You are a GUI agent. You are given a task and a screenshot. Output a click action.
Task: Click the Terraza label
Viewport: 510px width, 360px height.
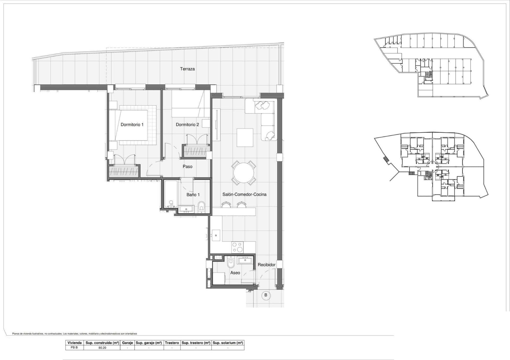pos(187,69)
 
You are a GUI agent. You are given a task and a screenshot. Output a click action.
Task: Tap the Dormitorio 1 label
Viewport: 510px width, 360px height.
pos(132,124)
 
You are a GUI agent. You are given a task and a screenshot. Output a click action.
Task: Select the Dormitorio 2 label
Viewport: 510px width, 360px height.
pos(187,124)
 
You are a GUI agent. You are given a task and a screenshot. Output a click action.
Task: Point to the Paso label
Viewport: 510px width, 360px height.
pos(188,167)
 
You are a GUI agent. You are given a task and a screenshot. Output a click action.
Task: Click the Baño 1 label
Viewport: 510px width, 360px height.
pos(193,195)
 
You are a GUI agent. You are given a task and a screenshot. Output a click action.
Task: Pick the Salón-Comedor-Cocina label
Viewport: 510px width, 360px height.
pos(244,194)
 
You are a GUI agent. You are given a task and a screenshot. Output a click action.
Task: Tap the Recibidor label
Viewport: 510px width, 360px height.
pos(266,265)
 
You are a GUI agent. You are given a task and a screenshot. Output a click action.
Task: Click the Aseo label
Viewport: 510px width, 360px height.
pos(235,273)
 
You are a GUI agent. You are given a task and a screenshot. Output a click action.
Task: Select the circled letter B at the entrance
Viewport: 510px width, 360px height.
pos(266,295)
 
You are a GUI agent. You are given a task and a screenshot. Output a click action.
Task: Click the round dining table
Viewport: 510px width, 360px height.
pos(244,173)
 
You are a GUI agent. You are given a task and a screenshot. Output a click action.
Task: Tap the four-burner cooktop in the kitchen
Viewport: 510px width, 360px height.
pos(237,247)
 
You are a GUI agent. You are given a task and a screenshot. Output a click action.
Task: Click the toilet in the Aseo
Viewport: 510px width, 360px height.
pos(231,262)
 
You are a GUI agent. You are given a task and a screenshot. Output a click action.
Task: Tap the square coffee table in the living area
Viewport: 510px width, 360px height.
pos(245,137)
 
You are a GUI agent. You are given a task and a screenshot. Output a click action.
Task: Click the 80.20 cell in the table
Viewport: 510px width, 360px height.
pos(102,348)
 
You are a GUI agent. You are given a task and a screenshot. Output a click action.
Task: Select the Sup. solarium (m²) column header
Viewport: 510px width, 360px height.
pos(228,343)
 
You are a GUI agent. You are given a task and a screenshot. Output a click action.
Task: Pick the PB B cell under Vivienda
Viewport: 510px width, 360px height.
pos(74,348)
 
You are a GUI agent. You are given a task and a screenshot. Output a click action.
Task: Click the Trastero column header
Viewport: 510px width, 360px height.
pos(172,343)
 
